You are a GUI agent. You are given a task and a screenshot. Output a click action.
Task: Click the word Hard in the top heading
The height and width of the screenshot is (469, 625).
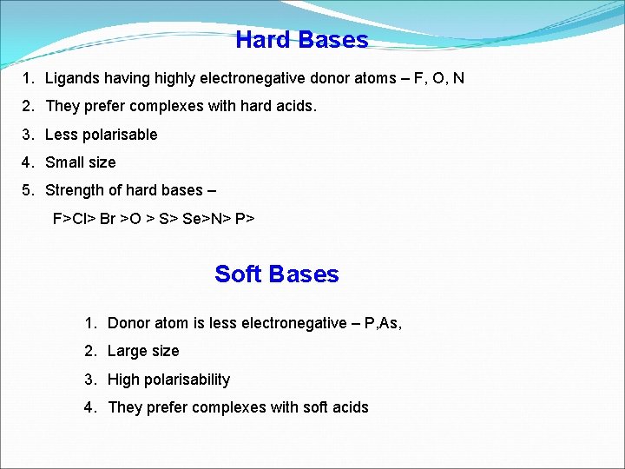click(264, 40)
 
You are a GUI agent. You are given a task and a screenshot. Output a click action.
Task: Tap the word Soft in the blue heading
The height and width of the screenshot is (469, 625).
click(237, 274)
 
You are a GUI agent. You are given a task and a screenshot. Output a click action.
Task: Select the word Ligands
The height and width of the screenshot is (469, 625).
click(72, 79)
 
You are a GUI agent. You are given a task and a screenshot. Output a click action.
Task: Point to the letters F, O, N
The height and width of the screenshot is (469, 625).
click(438, 79)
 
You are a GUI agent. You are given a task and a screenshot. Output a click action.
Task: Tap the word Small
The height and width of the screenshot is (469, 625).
click(64, 162)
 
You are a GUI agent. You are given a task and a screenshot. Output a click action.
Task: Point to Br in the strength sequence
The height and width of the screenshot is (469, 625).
click(108, 218)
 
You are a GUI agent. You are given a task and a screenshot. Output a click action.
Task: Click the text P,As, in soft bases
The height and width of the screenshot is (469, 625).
click(383, 323)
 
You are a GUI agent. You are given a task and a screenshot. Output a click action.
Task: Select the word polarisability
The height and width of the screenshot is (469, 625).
click(187, 380)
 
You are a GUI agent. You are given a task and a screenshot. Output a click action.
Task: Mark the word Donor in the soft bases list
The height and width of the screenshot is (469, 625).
click(128, 323)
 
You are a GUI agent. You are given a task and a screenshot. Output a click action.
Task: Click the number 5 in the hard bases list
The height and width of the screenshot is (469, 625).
click(28, 190)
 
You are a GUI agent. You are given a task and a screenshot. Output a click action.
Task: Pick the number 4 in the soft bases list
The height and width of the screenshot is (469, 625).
click(89, 407)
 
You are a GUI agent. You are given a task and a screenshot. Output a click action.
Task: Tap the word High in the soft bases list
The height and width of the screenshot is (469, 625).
click(123, 380)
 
